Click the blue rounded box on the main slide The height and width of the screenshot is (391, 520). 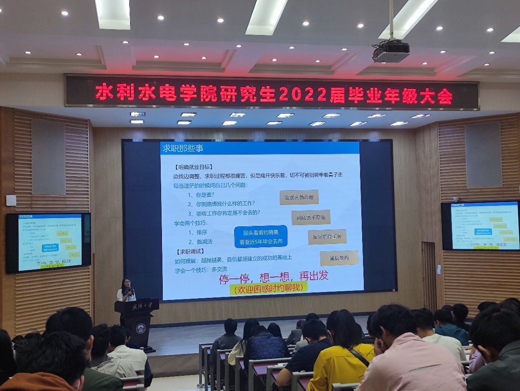click(261, 237)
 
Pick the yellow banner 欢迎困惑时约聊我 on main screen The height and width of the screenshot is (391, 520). click(268, 288)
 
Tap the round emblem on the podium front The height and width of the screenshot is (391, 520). click(140, 328)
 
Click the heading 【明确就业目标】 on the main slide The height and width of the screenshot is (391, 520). click(193, 167)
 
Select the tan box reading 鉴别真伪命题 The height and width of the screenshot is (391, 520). click(299, 197)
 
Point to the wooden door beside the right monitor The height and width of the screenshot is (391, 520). click(429, 275)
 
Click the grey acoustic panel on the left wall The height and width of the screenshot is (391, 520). click(48, 157)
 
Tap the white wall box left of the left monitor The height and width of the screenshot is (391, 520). click(11, 200)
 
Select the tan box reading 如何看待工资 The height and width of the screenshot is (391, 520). click(327, 237)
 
